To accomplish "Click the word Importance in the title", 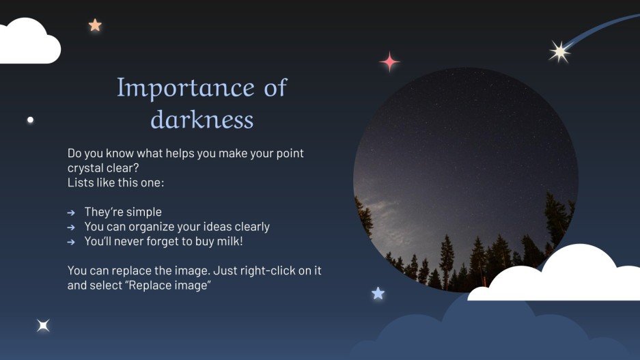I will [176, 88].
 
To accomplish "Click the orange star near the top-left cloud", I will [95, 25].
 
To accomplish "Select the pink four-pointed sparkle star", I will [389, 62].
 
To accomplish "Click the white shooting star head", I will [559, 51].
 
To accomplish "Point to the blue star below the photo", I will [378, 293].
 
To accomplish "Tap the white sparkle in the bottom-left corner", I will [43, 326].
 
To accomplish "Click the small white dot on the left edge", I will [30, 120].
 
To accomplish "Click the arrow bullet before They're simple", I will [71, 212].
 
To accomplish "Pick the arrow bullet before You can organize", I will [71, 227].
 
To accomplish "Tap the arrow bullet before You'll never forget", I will [71, 242].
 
